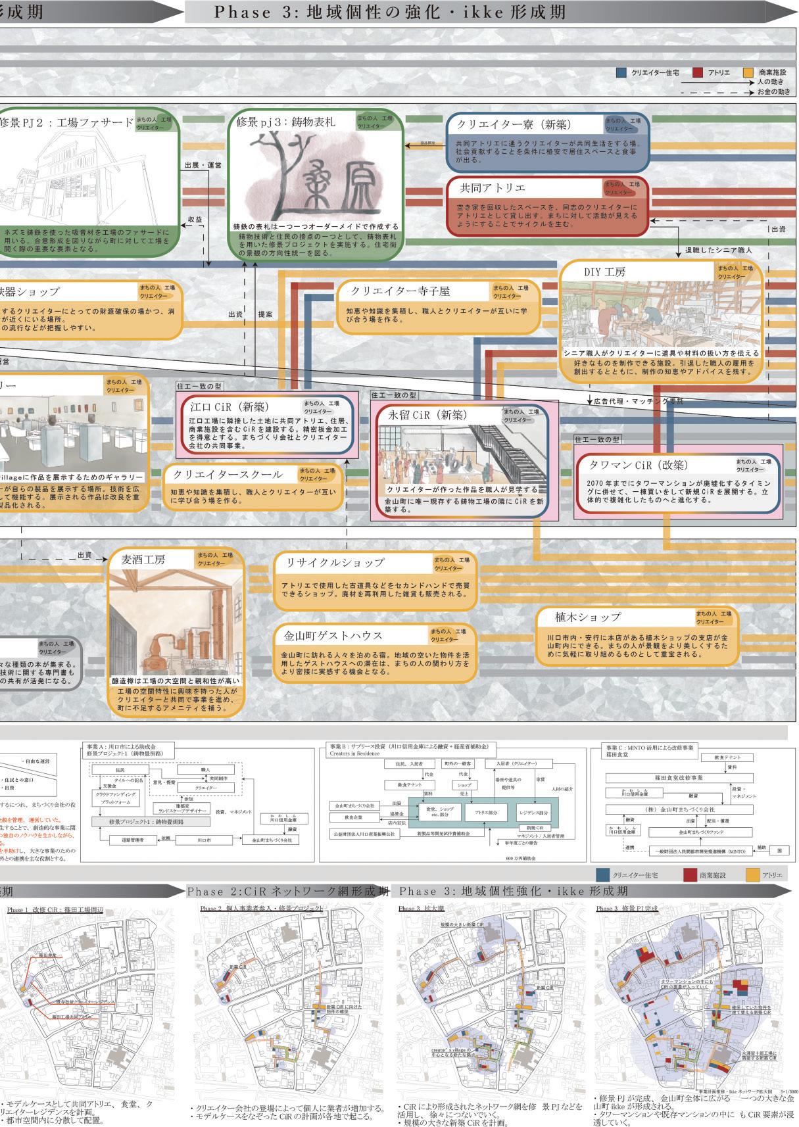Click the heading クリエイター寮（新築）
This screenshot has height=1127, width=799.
click(x=514, y=124)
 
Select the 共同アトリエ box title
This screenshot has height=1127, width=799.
click(x=493, y=187)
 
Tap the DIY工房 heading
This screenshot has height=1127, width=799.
click(x=604, y=272)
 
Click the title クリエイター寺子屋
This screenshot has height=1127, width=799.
click(x=400, y=291)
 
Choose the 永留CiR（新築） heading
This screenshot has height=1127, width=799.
click(x=427, y=415)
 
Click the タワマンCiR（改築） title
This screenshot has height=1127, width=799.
click(x=639, y=464)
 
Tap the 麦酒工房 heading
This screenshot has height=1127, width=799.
click(x=143, y=560)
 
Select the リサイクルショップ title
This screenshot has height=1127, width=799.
click(x=334, y=563)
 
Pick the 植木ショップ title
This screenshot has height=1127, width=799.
click(x=579, y=617)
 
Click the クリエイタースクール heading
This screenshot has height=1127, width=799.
click(x=228, y=474)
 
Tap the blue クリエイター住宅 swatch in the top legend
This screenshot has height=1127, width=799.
click(x=621, y=72)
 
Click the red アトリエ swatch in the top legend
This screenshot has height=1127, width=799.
click(x=698, y=72)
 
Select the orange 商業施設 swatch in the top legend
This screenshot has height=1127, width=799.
click(x=747, y=72)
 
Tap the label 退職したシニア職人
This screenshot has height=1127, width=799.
click(x=718, y=251)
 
